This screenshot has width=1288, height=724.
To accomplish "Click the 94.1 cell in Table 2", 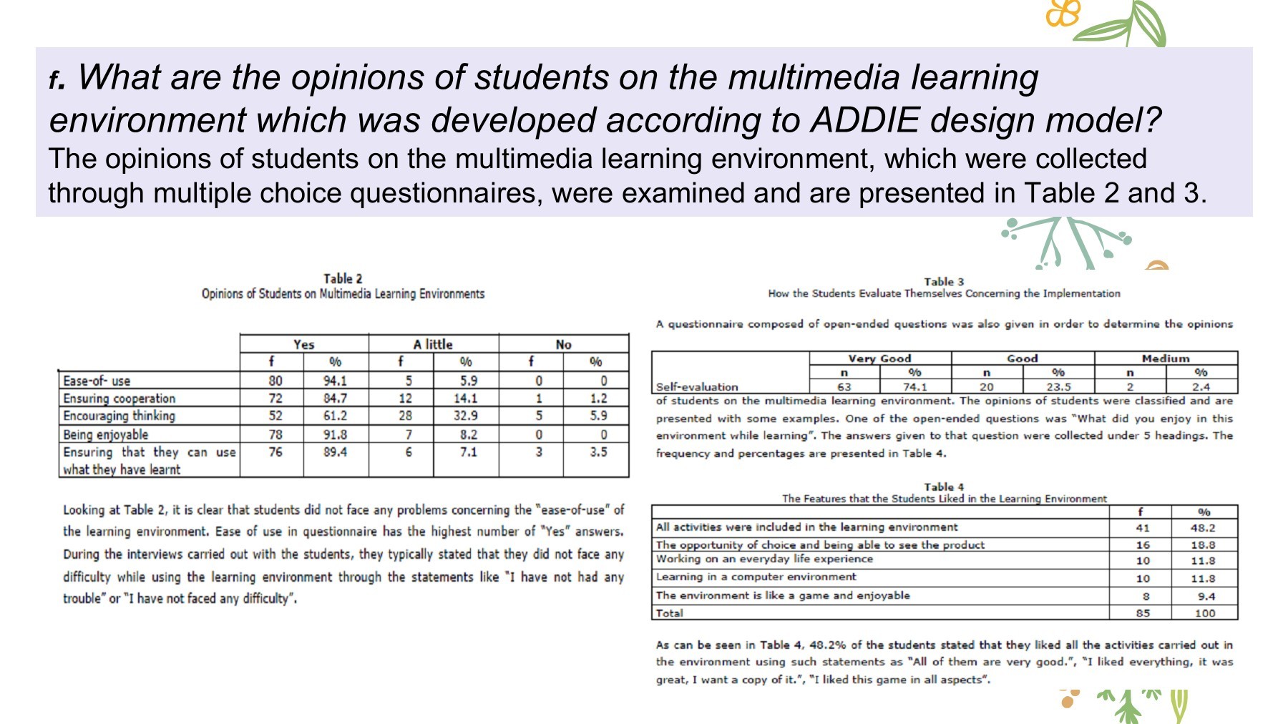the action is point(335,381).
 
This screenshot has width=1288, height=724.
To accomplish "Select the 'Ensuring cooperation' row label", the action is point(119,398).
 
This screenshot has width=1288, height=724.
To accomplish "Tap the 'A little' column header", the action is point(433,344).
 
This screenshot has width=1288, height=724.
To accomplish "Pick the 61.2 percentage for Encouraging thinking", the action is point(335,416).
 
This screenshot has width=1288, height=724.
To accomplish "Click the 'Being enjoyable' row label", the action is point(106,434).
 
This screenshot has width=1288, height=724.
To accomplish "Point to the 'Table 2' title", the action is point(343,278).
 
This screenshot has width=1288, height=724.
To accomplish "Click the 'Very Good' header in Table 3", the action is point(879,358).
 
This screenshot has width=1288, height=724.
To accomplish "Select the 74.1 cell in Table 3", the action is point(914,386).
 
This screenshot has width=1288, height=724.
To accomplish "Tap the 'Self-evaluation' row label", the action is point(697,386).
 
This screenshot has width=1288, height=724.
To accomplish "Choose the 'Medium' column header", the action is point(1166,358).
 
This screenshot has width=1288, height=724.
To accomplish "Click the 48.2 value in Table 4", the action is point(1203,528).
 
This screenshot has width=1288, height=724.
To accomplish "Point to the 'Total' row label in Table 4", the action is point(670,613).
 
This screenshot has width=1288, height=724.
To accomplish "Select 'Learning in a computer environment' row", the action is point(756,577).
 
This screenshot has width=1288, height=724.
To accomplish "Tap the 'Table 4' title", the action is point(944,486).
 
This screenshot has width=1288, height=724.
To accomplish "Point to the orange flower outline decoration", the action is point(1063,12).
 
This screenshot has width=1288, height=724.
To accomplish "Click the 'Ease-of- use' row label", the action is point(97,381).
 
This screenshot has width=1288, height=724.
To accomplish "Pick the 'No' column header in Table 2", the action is point(563,344).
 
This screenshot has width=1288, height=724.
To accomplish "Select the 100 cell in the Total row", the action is point(1205,613).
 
